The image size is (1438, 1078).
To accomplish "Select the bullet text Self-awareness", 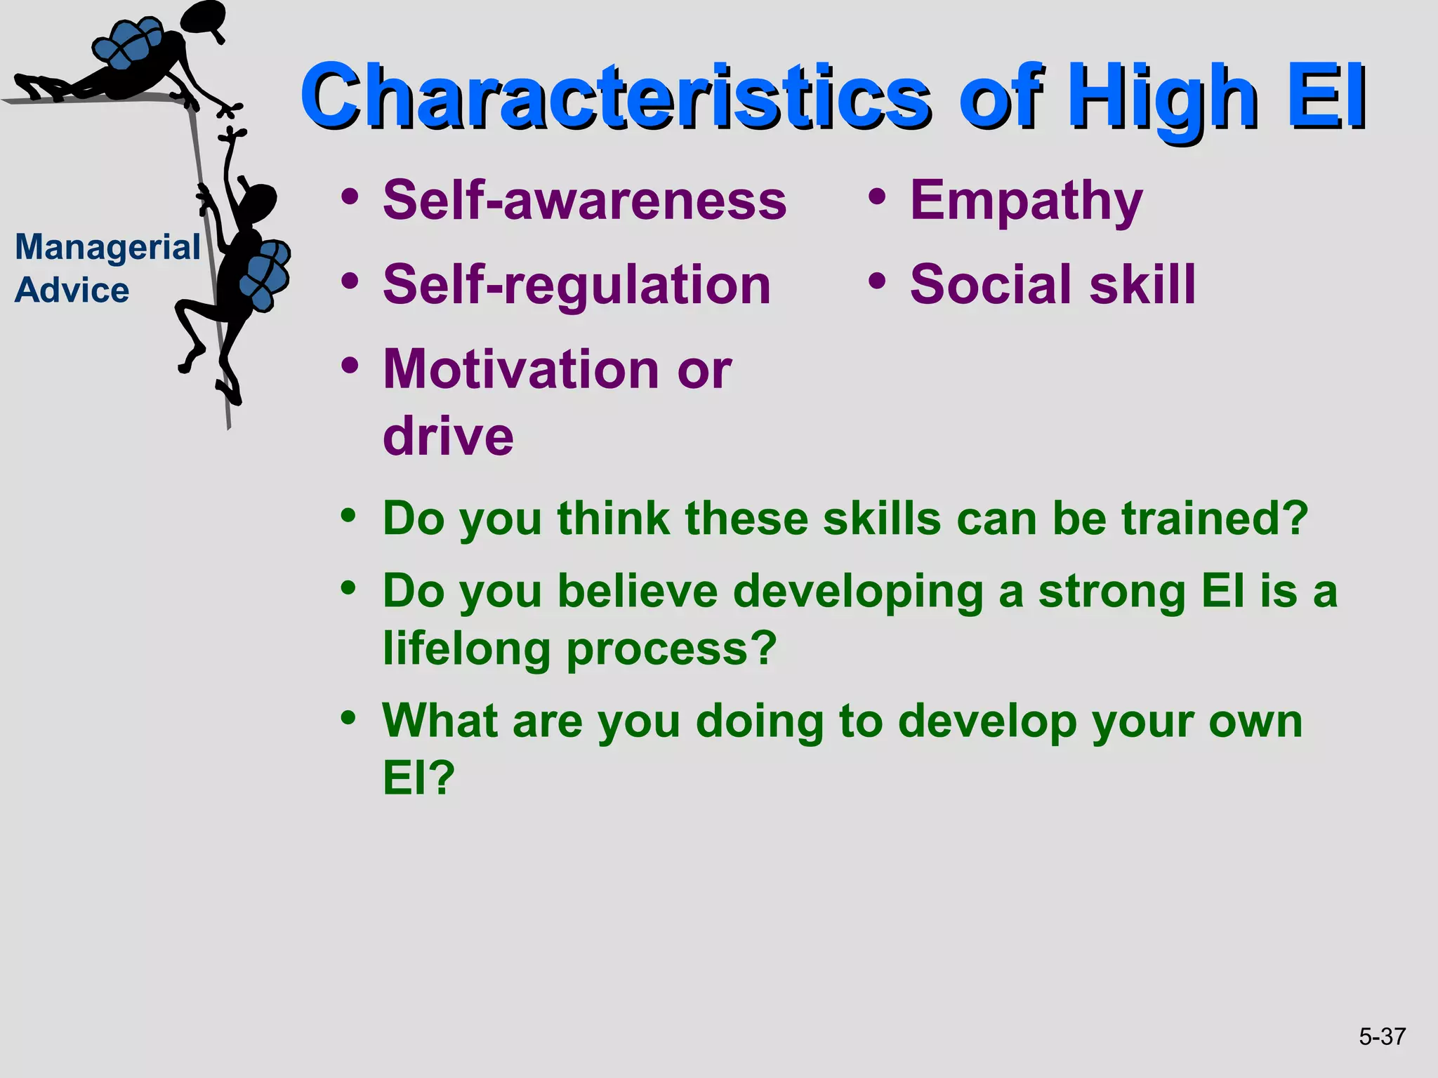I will pos(584,200).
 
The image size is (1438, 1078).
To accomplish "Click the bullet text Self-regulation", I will pos(576,285).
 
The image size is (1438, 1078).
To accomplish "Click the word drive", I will pos(448,436).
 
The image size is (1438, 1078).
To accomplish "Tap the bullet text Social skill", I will pos(1052,285).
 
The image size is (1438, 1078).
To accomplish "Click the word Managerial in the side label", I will pos(107,248).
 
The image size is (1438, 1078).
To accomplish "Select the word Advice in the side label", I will pos(72,290).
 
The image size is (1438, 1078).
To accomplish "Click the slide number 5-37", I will pos(1381,1037).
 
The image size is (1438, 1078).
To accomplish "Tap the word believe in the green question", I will pos(637,592).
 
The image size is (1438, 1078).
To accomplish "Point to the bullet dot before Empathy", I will pos(876,197).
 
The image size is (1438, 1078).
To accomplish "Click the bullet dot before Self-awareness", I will pos(350,197).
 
